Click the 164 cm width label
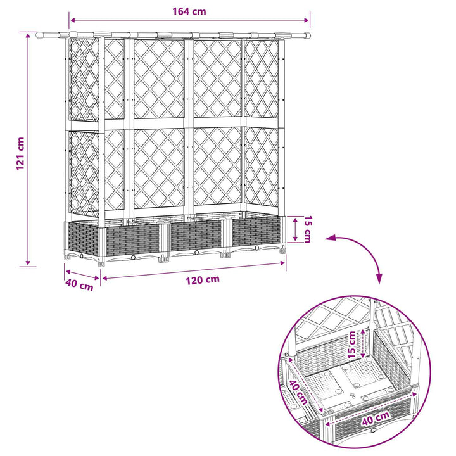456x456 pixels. [x=189, y=11]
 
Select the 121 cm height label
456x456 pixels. [x=20, y=154]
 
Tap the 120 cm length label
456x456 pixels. [x=203, y=281]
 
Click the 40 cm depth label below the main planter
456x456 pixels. [x=79, y=284]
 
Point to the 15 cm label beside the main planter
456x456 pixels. [x=307, y=229]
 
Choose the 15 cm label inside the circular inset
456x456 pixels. [x=352, y=345]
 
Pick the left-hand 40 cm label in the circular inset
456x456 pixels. [x=298, y=392]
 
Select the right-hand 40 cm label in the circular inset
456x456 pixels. [x=376, y=419]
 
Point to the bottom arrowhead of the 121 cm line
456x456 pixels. [x=28, y=262]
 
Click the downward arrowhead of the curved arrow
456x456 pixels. [x=379, y=280]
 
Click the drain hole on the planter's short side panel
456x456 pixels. [x=82, y=256]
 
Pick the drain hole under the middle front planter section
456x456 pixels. [x=196, y=253]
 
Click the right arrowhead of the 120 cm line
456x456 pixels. [x=282, y=263]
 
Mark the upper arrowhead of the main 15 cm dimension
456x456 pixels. [x=296, y=220]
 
